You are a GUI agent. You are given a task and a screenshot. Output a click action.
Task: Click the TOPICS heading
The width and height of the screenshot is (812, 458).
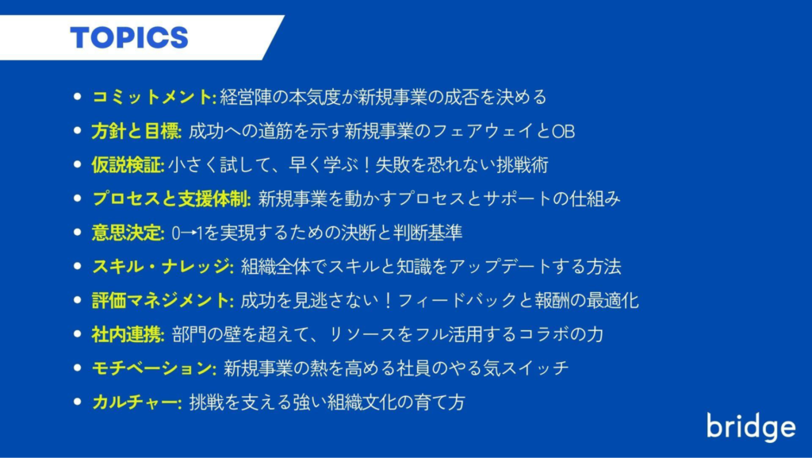[129, 38]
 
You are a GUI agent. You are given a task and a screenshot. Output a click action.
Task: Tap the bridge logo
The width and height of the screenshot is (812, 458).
[751, 427]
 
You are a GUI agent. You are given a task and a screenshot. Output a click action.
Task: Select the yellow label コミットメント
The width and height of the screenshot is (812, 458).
[152, 97]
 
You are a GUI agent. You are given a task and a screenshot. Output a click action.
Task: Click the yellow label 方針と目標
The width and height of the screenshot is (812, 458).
[135, 131]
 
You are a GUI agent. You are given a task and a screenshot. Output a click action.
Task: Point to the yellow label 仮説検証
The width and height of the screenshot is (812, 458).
[126, 165]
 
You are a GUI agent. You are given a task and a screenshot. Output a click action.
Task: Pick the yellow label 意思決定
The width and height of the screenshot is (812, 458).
[126, 233]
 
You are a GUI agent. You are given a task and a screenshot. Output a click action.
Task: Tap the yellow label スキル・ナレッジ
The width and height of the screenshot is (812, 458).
[161, 266]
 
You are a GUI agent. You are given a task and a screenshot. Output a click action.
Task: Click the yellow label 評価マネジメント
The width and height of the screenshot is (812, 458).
[161, 301]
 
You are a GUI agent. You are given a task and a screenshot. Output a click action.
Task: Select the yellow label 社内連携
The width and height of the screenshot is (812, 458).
[126, 334]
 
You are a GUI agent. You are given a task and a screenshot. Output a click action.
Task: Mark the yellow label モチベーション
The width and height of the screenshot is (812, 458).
[152, 368]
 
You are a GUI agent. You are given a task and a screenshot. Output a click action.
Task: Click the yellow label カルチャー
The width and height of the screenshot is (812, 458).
[135, 402]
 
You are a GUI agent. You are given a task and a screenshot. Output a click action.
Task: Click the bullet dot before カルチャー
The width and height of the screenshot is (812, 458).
[78, 402]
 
